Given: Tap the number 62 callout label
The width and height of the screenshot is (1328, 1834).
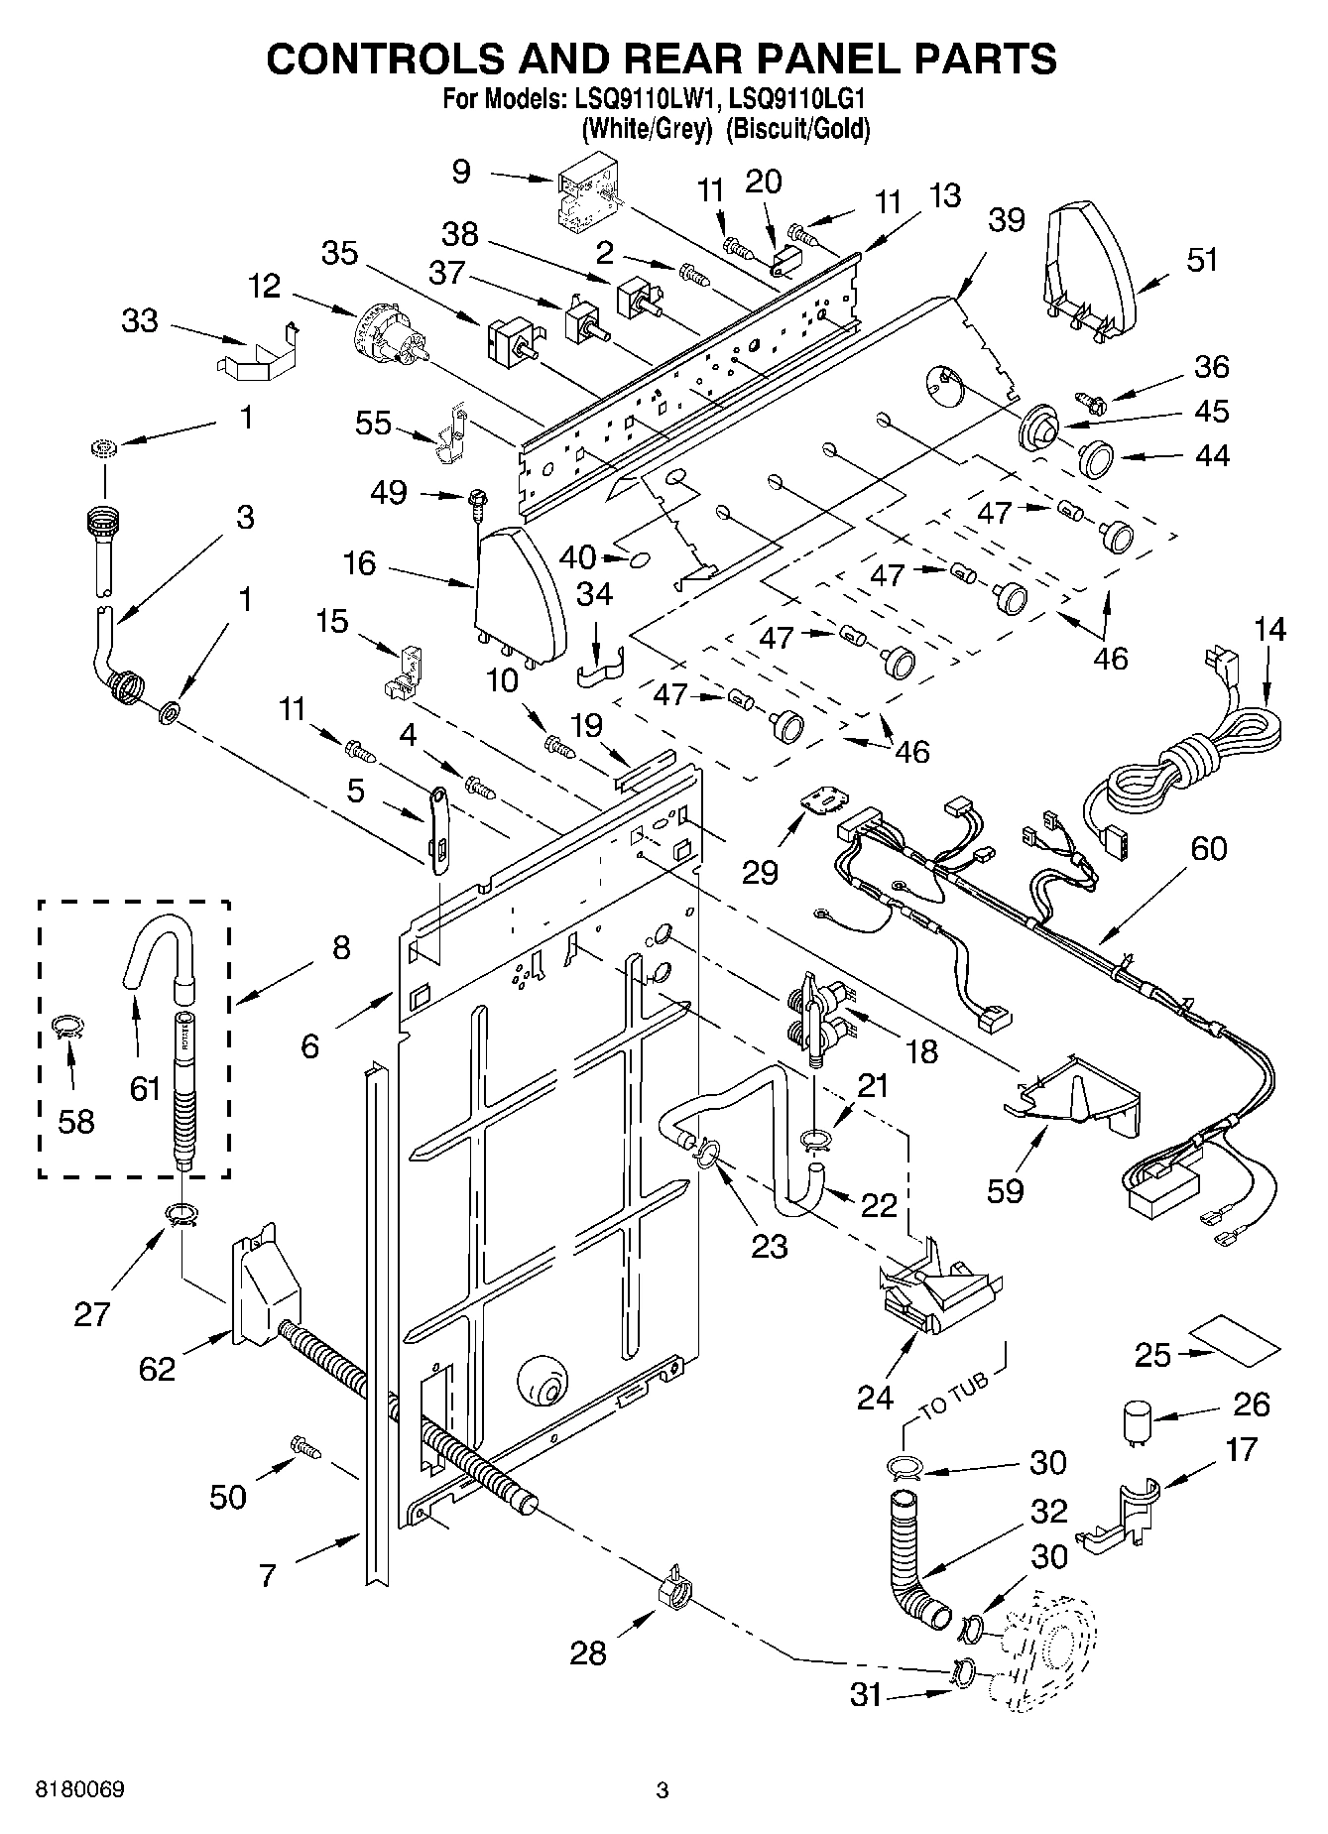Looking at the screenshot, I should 157,1369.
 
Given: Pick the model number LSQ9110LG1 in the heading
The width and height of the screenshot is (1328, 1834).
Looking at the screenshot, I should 798,99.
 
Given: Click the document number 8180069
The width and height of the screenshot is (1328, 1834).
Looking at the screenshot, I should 79,1790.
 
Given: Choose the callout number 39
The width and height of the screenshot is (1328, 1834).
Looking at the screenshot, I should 1006,219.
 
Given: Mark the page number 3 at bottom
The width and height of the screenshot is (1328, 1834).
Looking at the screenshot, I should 663,1790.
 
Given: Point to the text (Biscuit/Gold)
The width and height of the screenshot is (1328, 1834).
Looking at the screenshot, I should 798,128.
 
